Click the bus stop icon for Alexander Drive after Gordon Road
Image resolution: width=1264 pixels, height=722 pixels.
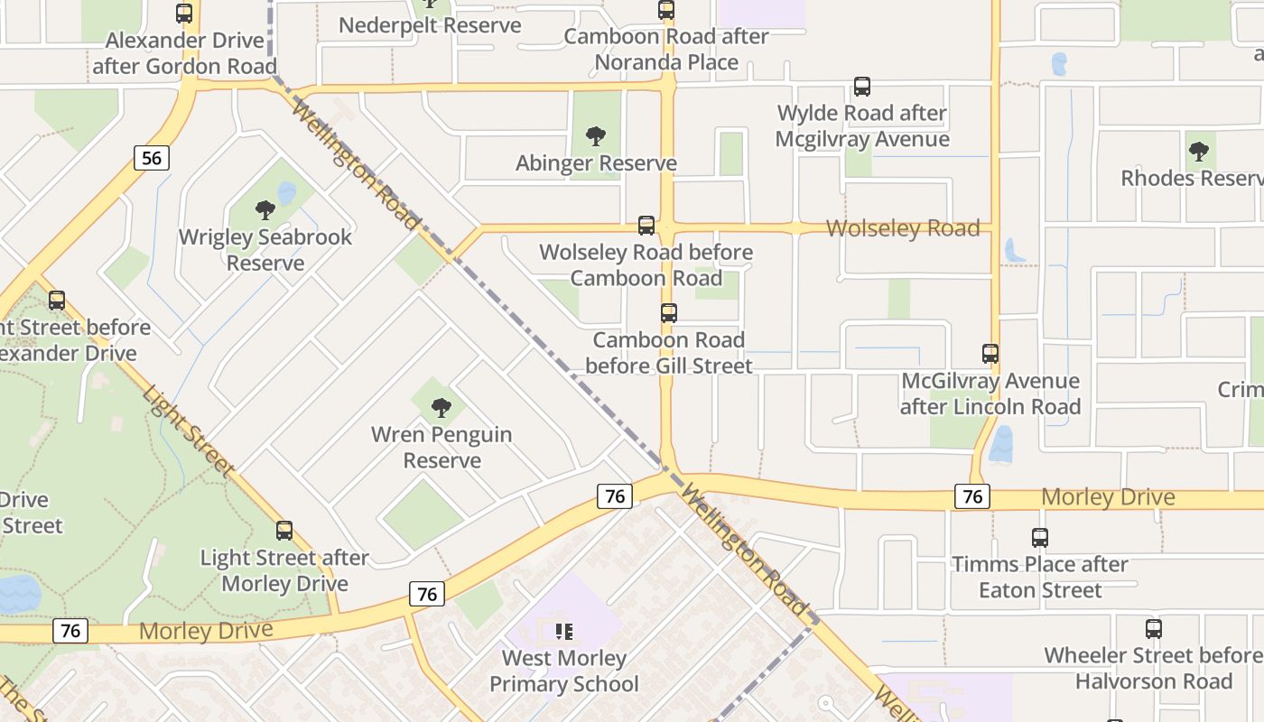(x=184, y=14)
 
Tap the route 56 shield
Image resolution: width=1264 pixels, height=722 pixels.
(x=152, y=159)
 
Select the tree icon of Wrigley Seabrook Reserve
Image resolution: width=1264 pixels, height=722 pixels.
(x=265, y=210)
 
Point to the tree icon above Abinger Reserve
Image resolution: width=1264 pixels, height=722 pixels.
(x=595, y=136)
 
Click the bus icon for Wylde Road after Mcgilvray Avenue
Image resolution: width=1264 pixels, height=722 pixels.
(x=862, y=87)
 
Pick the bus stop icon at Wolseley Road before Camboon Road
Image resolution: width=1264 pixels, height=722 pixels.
(x=646, y=226)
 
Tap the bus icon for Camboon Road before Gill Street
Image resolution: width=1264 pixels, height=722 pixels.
(x=669, y=313)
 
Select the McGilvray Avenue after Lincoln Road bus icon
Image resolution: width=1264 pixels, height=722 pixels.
(x=990, y=354)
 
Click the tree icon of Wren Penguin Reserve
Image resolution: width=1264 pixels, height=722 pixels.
(x=441, y=408)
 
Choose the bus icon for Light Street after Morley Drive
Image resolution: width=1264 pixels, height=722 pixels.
(x=284, y=531)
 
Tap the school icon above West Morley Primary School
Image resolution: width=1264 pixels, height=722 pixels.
(x=564, y=632)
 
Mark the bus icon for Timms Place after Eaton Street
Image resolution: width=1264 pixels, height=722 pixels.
(x=1040, y=538)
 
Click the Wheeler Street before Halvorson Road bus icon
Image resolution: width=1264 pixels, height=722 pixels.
(x=1153, y=629)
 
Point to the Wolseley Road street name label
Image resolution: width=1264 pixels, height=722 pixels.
(x=903, y=228)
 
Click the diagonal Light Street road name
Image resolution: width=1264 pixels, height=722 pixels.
(x=188, y=430)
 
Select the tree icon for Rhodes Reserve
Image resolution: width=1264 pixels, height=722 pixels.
(x=1198, y=152)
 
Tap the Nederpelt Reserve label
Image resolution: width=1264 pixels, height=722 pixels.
(x=430, y=25)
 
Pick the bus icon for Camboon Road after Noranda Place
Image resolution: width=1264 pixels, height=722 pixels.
(x=666, y=10)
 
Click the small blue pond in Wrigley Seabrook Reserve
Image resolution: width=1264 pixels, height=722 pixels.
(x=287, y=193)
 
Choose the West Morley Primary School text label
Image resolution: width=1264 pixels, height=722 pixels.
(x=564, y=671)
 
